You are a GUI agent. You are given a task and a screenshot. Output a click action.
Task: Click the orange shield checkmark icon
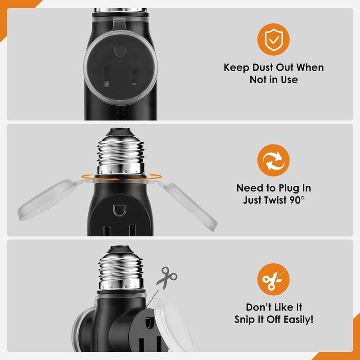point(274,40)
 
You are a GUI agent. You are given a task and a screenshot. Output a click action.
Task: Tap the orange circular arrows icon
point(274,162)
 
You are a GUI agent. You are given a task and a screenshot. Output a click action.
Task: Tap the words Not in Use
point(274,80)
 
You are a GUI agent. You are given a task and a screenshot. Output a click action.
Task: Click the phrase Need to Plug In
point(274,188)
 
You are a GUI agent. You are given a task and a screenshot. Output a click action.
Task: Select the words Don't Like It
point(274,307)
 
